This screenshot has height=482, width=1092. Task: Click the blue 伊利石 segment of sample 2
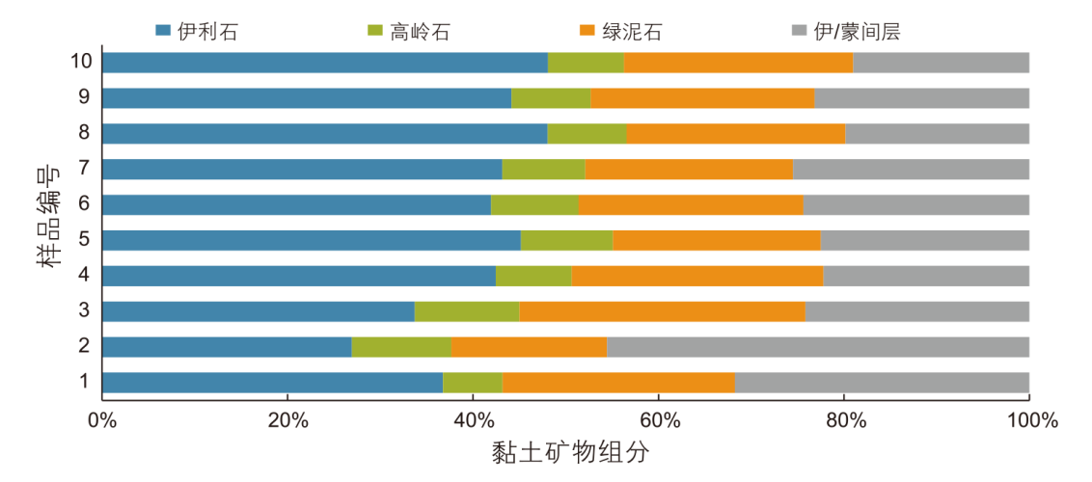[x=227, y=347]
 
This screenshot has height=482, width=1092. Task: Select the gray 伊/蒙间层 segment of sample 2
[x=818, y=347]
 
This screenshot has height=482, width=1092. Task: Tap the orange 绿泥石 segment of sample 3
[x=662, y=311]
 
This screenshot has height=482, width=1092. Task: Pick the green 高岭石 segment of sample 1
[x=473, y=383]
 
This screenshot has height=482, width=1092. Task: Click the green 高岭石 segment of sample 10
[x=586, y=63]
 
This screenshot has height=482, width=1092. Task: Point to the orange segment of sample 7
[x=689, y=170]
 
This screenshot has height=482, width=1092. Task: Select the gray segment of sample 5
[x=924, y=240]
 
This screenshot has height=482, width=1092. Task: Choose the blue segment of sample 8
[x=324, y=134]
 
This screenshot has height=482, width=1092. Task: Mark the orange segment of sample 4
[x=697, y=276]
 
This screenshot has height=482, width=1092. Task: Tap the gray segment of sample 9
[x=921, y=98]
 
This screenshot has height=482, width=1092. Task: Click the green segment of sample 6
[x=534, y=204]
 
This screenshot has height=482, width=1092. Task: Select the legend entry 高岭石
[x=408, y=31]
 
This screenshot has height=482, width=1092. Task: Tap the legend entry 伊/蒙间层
[x=844, y=31]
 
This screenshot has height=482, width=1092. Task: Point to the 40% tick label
[x=473, y=420]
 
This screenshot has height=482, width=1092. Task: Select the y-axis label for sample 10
[x=81, y=63]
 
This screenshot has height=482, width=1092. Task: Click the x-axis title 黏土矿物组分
[x=564, y=452]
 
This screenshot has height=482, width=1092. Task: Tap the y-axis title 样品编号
[x=51, y=218]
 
